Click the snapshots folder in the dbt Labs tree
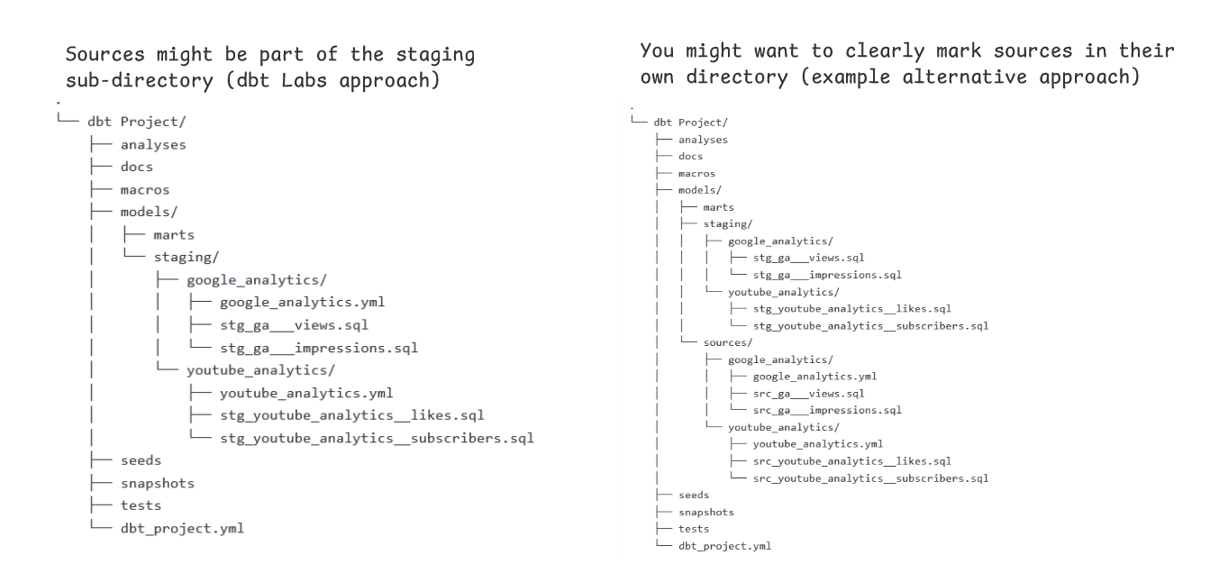click(x=157, y=483)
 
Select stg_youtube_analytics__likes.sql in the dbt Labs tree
click(x=352, y=415)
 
